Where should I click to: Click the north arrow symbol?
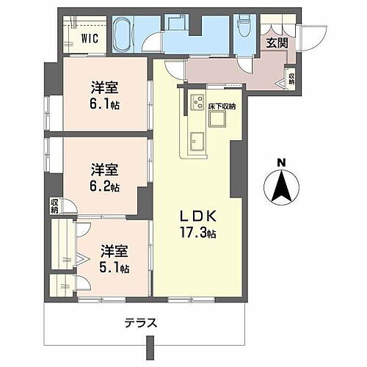click(x=281, y=188)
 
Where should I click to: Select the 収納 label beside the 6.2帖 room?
click(x=55, y=206)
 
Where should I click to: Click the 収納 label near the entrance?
click(x=291, y=77)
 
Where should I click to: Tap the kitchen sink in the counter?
click(x=197, y=137)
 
